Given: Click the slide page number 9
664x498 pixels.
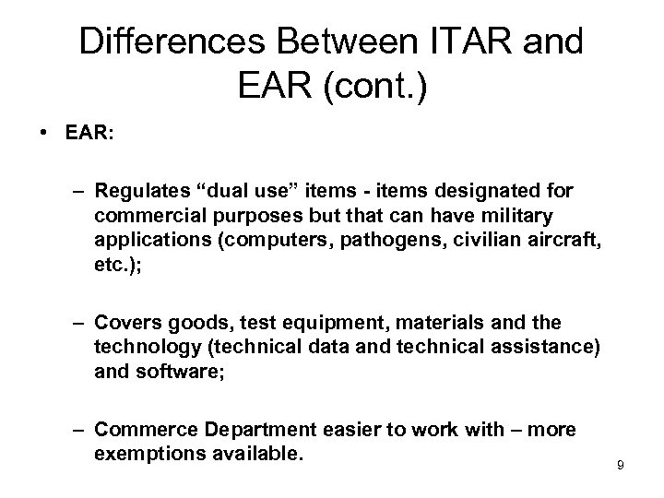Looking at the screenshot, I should (x=621, y=465).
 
